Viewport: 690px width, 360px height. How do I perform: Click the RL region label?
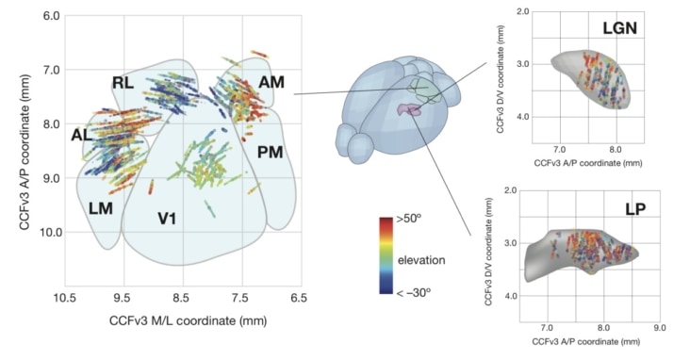coord(123,83)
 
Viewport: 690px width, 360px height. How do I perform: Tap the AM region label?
coord(271,83)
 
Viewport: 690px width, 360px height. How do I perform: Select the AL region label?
coord(83,135)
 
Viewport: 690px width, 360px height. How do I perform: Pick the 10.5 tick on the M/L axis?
coord(65,300)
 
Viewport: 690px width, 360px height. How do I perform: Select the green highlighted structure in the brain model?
coord(426,90)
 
